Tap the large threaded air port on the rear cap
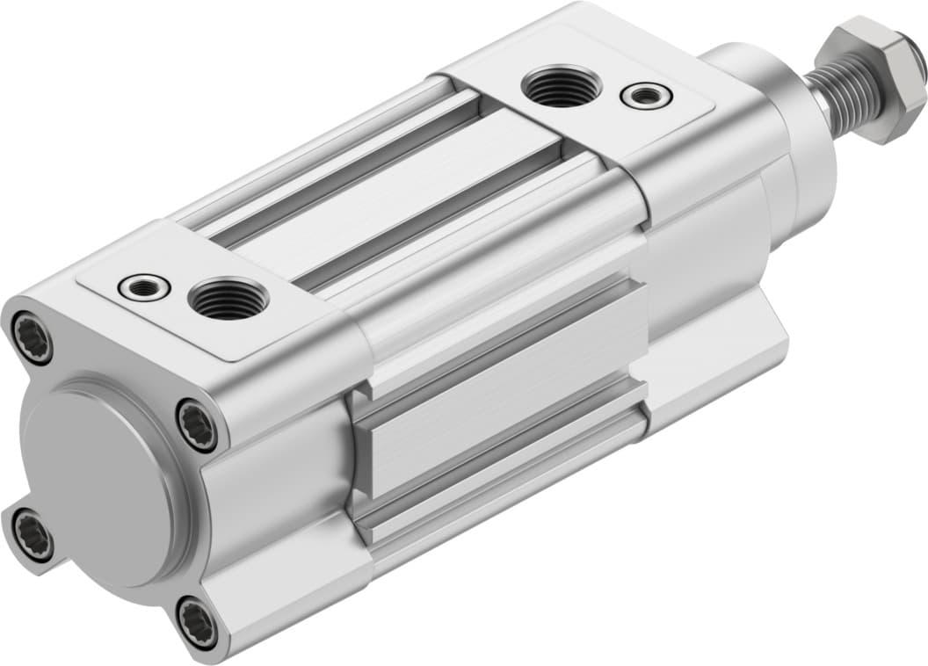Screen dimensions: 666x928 click(x=228, y=299)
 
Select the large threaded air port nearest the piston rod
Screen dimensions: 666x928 click(x=561, y=86)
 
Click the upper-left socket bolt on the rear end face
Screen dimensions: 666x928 click(x=33, y=338)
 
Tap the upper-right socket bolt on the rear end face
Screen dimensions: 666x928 click(x=196, y=425)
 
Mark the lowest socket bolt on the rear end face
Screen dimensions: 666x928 click(x=196, y=623)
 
